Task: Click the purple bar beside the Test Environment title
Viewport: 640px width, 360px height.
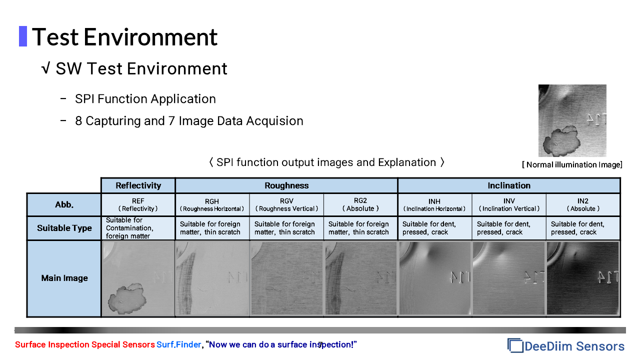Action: tap(23, 36)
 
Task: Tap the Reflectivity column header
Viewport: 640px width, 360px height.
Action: tap(138, 185)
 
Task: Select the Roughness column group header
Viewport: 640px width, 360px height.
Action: tap(286, 185)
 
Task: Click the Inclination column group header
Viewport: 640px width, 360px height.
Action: tap(509, 185)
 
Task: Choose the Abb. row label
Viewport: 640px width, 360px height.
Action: tap(64, 204)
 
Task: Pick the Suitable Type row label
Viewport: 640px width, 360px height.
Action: tap(64, 228)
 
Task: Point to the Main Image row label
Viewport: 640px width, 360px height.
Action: tap(64, 278)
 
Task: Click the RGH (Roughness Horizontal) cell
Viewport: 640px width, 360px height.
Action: tap(212, 205)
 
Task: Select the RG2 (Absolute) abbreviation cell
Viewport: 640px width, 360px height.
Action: tap(360, 205)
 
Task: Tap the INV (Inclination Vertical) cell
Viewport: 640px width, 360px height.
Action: tap(509, 205)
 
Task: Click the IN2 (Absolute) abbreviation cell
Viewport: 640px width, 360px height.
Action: tap(583, 205)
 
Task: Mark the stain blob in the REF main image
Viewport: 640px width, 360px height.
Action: tap(127, 298)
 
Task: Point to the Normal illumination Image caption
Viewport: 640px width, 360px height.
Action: tap(572, 165)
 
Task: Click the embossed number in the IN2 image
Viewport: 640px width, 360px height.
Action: tap(608, 277)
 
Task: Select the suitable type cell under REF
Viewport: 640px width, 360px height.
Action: tap(138, 228)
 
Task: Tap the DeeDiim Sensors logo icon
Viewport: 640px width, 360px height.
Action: tap(515, 345)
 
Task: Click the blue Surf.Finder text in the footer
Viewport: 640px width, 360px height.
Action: tap(178, 344)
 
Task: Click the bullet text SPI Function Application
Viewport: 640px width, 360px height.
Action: tap(145, 99)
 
